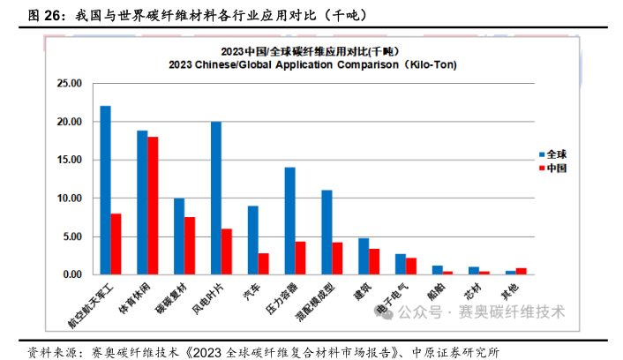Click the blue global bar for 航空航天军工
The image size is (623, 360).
105,190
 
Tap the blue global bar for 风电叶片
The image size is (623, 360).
216,198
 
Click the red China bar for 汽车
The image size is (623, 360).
263,264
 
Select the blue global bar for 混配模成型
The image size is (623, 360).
327,232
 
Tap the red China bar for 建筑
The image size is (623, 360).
374,261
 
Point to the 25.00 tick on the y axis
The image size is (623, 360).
68,84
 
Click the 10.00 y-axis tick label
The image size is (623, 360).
68,199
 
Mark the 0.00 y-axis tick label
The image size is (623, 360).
71,274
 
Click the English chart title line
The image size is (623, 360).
304,64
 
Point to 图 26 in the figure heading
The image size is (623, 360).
45,15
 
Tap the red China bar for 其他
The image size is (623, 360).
521,271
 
